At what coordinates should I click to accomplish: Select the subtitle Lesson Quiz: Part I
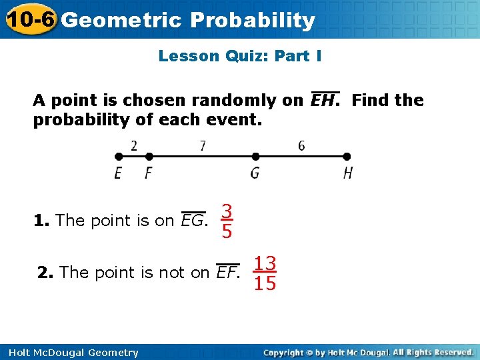click(240, 56)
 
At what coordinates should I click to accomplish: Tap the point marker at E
click(119, 157)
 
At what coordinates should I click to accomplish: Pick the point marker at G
click(255, 157)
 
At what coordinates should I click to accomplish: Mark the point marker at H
click(347, 157)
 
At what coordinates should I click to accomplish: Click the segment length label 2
click(134, 145)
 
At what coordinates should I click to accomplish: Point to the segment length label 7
click(203, 145)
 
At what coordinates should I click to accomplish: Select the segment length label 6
click(301, 145)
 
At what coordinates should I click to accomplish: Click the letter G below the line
click(255, 173)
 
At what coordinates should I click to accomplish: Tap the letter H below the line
click(347, 173)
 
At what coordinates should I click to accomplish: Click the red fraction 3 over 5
click(227, 221)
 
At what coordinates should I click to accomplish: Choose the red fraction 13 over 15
click(265, 273)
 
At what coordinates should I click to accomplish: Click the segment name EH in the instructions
click(325, 101)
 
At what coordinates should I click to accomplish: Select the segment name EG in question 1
click(193, 221)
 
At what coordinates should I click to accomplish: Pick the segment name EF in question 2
click(228, 273)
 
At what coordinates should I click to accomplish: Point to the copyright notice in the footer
click(368, 352)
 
